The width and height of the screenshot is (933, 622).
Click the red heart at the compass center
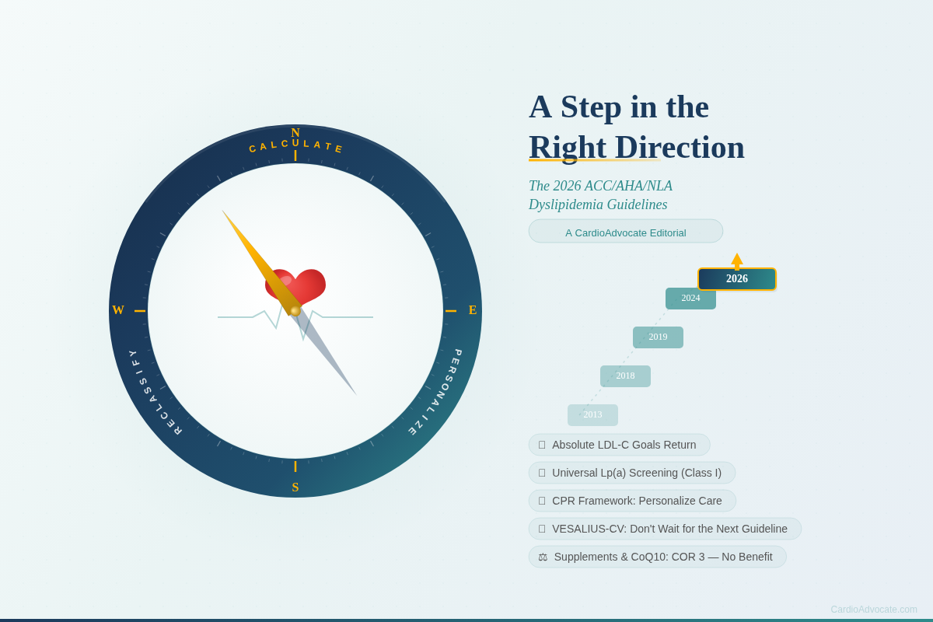[x=296, y=285]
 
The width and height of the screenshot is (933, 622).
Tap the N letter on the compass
[x=295, y=133]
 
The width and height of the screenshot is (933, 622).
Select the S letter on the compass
[x=295, y=487]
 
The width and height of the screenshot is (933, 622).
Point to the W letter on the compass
[x=118, y=310]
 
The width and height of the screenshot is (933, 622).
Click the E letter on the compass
[x=473, y=310]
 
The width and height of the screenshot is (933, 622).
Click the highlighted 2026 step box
[x=737, y=279]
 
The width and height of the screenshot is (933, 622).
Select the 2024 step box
[x=690, y=299]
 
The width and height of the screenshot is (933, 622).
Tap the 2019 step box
[x=658, y=337]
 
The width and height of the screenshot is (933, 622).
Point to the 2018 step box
[x=625, y=376]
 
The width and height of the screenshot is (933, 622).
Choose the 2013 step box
[x=592, y=415]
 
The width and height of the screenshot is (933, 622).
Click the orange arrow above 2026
[x=737, y=260]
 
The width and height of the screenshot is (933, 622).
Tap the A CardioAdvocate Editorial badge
[x=626, y=232]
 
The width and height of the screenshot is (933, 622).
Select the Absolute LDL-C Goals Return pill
[x=620, y=445]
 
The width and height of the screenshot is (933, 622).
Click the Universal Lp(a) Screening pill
[x=632, y=473]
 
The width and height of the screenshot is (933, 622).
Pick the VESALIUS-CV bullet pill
[x=665, y=529]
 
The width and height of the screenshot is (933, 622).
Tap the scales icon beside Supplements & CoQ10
[x=543, y=557]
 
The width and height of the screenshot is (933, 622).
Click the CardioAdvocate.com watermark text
[x=873, y=610]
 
